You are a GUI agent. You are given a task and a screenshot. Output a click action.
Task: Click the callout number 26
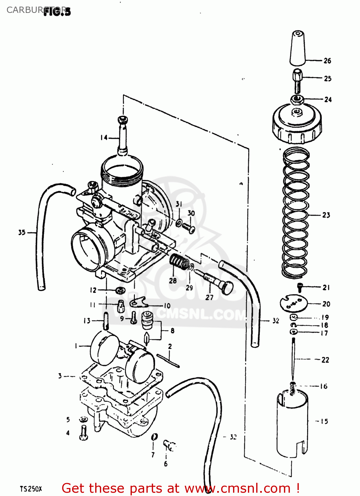(327, 61)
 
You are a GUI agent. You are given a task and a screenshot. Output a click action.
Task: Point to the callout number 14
(104, 137)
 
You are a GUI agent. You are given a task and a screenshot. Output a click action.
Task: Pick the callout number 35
(22, 232)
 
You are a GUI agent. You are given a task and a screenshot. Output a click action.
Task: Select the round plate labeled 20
(294, 303)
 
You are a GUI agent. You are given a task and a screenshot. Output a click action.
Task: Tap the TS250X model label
(31, 489)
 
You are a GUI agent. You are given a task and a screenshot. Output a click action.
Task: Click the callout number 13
(87, 320)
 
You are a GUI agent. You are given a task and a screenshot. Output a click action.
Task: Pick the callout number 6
(166, 464)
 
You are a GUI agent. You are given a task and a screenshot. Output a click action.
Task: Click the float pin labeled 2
(168, 360)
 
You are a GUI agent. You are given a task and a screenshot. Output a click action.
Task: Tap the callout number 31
(179, 204)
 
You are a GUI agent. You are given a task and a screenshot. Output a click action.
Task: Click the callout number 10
(167, 306)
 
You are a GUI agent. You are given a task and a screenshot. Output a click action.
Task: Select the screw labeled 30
(189, 228)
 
